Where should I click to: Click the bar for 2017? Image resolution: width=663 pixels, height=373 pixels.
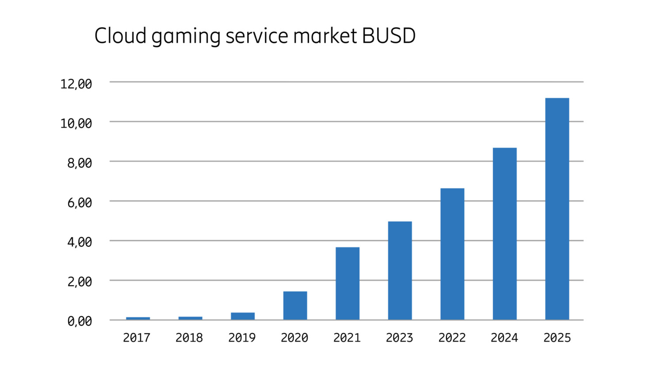coord(138,318)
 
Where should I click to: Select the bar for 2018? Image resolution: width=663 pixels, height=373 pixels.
coord(191,318)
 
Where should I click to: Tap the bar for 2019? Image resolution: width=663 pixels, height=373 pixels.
coord(243,316)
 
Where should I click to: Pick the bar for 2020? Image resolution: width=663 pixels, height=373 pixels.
coord(295,305)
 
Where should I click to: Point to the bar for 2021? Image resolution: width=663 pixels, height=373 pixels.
coord(347,283)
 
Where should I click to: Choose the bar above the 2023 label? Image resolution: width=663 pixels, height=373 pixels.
coord(400,270)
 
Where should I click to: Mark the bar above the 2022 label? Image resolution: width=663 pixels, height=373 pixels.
coord(452,254)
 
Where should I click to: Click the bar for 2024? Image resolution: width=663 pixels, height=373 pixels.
coord(505,234)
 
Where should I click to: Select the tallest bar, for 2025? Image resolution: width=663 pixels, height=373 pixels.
coord(557,209)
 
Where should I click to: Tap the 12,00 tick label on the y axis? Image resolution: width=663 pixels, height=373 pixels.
coord(76,84)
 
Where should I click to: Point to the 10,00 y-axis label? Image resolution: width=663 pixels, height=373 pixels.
coord(76,123)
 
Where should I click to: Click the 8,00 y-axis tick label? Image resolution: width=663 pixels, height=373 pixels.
coord(80,163)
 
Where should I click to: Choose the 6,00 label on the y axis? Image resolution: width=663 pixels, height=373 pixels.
coord(80,203)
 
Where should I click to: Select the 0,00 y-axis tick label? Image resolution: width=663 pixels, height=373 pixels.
coord(80,321)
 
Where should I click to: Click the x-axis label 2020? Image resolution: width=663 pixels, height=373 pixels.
coord(294,338)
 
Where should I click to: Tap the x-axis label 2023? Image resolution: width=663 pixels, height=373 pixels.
coord(400,338)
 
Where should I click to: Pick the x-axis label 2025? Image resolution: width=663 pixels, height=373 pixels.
coord(557,338)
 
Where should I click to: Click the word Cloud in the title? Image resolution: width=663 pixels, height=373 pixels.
coord(120,36)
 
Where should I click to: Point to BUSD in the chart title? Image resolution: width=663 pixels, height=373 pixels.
coord(389,36)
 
